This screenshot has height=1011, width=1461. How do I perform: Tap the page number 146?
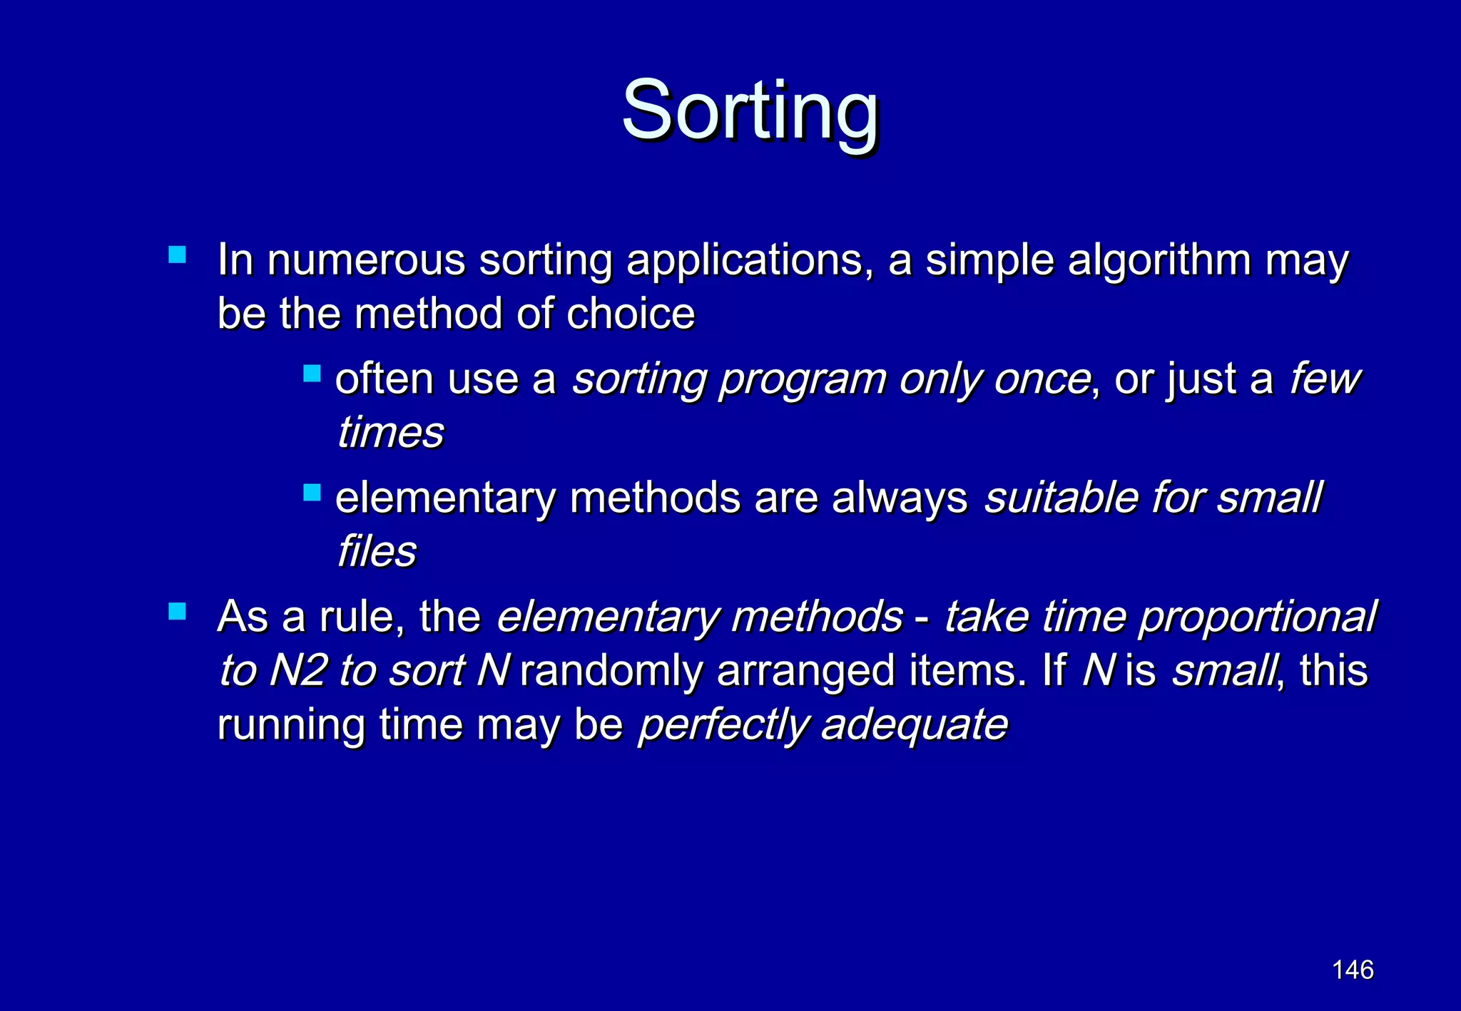[1352, 970]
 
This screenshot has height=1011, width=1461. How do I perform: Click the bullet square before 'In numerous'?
[178, 255]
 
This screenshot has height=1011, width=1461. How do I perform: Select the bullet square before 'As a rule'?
[178, 612]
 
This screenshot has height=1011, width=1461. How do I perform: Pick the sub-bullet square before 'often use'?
[312, 374]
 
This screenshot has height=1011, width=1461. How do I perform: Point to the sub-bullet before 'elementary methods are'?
[312, 493]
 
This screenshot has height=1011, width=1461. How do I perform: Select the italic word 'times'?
[390, 432]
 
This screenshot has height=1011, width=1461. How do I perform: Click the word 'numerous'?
[365, 260]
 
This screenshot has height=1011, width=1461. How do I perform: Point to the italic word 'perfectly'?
[722, 727]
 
